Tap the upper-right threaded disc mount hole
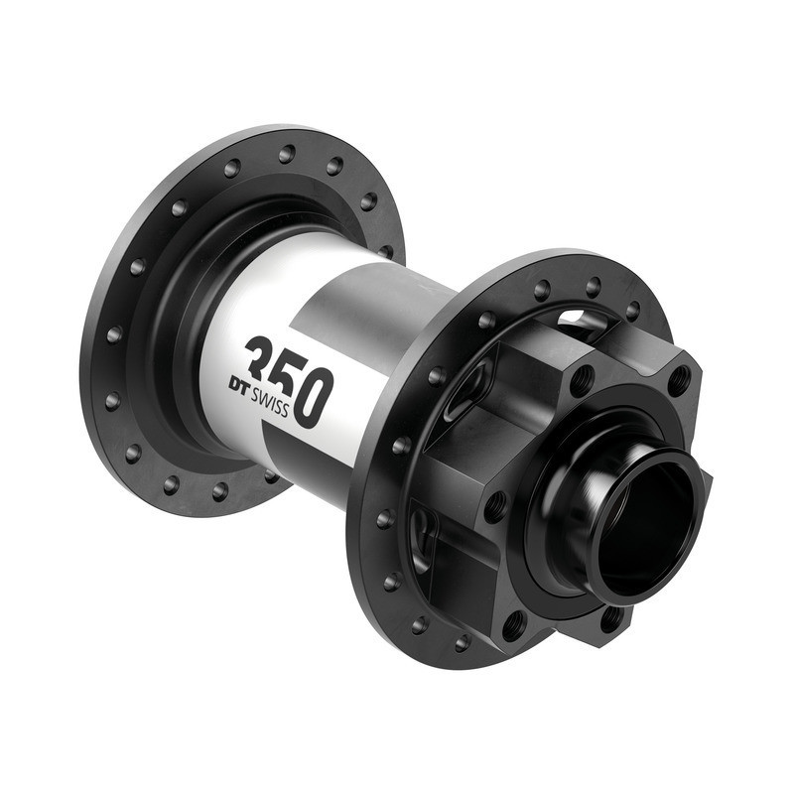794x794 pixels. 679,379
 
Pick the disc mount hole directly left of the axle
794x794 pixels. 494,505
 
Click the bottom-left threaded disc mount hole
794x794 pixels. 514,625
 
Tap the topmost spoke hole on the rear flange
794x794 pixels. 287,154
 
